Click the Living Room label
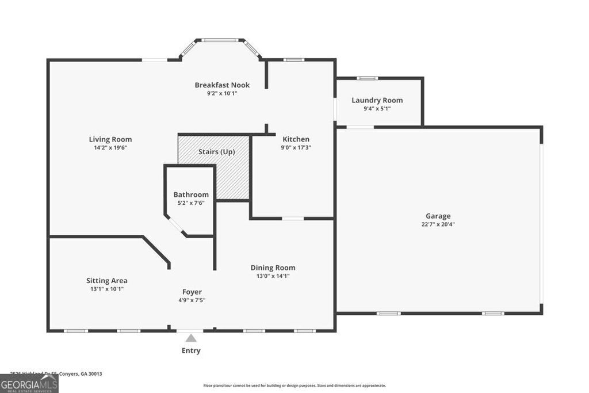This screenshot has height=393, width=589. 110,139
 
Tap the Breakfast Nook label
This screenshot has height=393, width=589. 222,85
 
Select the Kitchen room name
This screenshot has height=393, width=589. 296,139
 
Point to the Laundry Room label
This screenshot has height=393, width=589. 377,100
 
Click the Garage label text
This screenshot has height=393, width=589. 438,216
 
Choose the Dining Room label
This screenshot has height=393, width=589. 273,268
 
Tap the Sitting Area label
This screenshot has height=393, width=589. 106,281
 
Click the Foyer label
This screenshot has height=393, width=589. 192,292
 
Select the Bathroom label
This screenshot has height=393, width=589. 191,194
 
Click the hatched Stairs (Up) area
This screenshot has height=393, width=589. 230,173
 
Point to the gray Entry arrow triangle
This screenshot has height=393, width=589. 191,338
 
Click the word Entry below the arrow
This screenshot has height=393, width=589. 191,350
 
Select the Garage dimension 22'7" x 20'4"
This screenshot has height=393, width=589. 438,224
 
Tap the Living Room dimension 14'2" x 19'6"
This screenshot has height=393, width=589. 110,147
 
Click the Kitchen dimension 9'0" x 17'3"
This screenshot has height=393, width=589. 296,147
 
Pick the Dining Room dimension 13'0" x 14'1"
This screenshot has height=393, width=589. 273,276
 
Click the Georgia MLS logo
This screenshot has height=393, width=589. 29,383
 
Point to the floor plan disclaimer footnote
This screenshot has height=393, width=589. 294,386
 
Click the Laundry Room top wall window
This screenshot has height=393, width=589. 367,78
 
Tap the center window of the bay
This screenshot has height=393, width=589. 221,40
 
